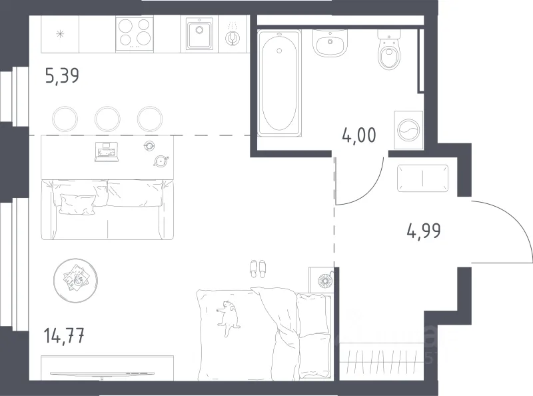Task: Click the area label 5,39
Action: coord(62,75)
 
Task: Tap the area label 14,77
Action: coord(64,335)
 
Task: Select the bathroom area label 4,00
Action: coord(359,135)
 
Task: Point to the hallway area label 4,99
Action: coord(424,231)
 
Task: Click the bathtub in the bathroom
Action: coord(279,83)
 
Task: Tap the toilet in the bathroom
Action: coord(390,49)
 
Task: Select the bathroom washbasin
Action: coord(330,43)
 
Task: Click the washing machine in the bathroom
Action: coord(408,130)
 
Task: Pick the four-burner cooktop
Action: coord(135,34)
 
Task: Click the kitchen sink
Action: coord(199,34)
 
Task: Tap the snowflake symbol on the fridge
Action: coord(60,34)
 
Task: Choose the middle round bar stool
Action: coord(107,119)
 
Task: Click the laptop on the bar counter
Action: coord(107,152)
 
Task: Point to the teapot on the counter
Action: coord(161,161)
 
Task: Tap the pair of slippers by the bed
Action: coord(258,269)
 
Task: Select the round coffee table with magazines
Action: coord(76,280)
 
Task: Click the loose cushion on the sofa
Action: coord(77,205)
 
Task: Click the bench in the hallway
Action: coord(422,178)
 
